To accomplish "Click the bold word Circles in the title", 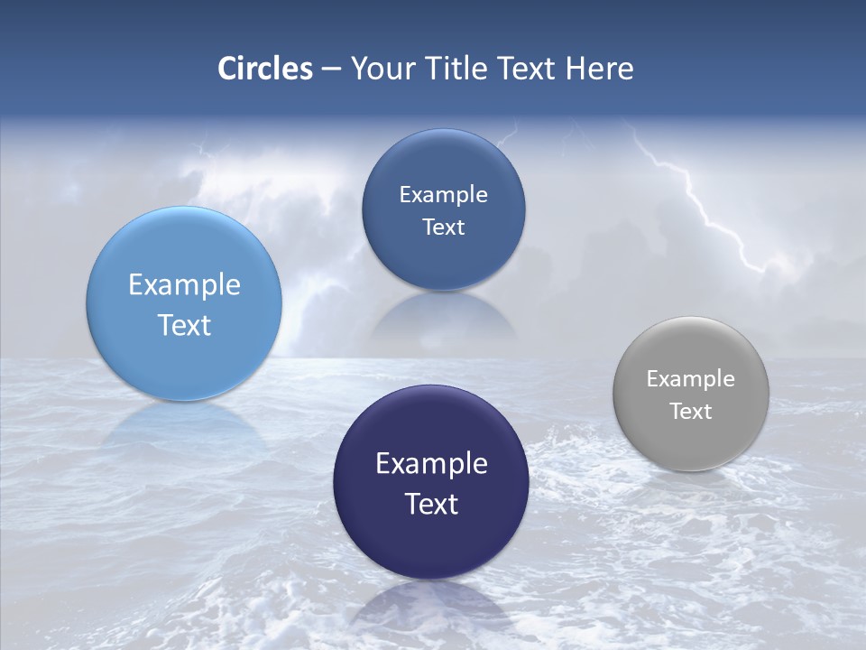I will coord(265,69).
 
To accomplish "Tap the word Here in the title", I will coord(599,69).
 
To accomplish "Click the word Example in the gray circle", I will coord(691,379).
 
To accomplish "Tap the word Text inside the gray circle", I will coord(691,412).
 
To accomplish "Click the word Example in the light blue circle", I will coord(184,285).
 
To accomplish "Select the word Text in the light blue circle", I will coord(184,325).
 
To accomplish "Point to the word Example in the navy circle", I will coord(431,464).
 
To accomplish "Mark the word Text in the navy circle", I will coord(431,504).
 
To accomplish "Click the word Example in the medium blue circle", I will coord(443,195).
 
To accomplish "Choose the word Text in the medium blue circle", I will coord(443,227).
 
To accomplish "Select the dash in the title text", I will coord(331,70).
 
